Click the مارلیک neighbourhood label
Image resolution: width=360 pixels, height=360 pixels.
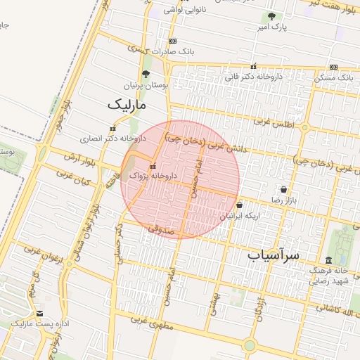pyautogui.click(x=129, y=105)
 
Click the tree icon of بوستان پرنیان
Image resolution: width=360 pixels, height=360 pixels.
pyautogui.click(x=146, y=74)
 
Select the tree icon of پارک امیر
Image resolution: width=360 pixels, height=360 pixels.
pyautogui.click(x=271, y=16)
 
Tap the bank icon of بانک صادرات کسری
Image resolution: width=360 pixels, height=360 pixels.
pyautogui.click(x=172, y=41)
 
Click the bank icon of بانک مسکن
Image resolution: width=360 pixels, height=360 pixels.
pyautogui.click(x=333, y=67)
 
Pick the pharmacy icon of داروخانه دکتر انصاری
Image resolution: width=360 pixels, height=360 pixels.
pyautogui.click(x=112, y=129)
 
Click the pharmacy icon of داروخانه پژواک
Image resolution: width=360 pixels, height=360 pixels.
pyautogui.click(x=153, y=166)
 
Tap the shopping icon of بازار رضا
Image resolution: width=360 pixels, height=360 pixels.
pyautogui.click(x=283, y=190)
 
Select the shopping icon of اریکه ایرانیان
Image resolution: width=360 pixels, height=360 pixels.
pyautogui.click(x=239, y=205)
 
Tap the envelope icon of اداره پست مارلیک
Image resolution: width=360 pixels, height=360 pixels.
pyautogui.click(x=39, y=314)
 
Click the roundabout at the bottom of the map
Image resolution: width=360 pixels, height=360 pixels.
pyautogui.click(x=249, y=345)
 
